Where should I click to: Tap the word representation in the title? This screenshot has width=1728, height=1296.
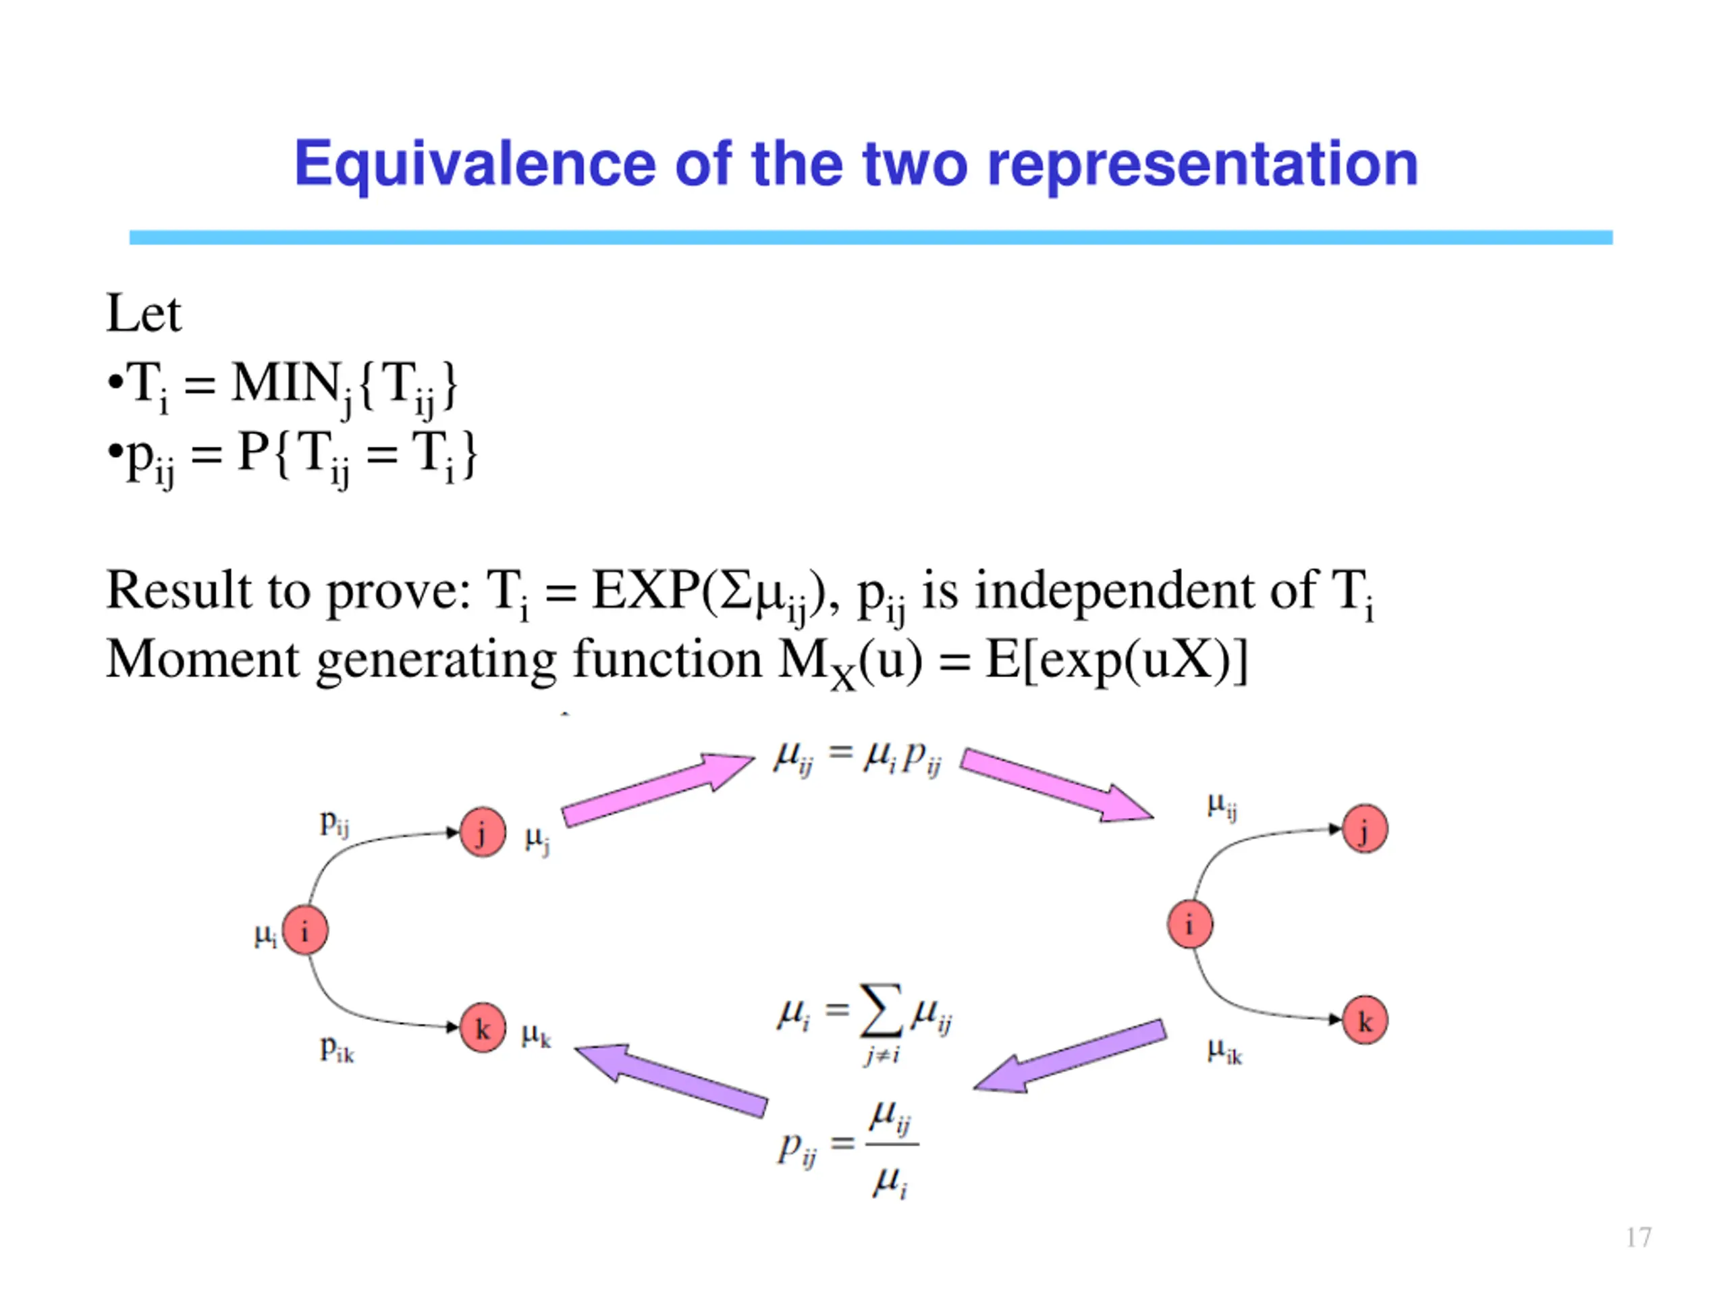(x=1202, y=165)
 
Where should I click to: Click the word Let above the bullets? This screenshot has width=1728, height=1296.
(x=144, y=314)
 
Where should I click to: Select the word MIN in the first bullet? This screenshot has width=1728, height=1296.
(x=285, y=384)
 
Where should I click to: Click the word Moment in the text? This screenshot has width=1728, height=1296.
(x=202, y=659)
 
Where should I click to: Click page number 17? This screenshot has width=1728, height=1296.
(x=1638, y=1237)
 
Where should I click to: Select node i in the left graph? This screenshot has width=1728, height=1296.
(x=304, y=930)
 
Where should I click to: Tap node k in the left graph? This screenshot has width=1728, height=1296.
(x=483, y=1028)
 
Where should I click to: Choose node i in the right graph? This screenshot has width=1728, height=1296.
(x=1190, y=925)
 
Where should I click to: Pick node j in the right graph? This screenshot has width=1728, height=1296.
(x=1365, y=830)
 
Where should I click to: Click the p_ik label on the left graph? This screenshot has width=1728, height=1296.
(x=337, y=1049)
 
